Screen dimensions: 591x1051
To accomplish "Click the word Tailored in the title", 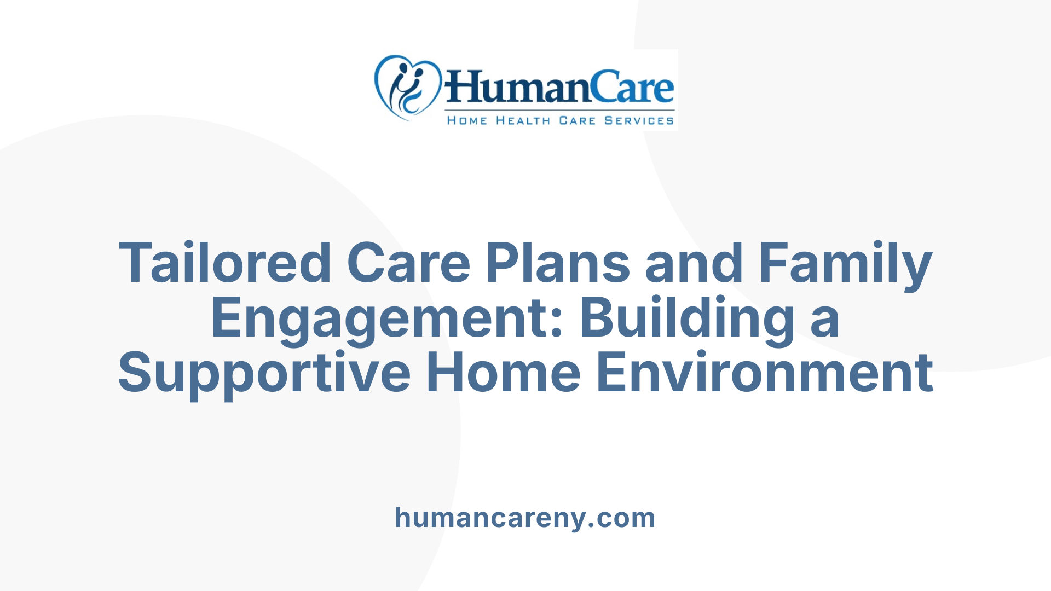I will [x=225, y=264].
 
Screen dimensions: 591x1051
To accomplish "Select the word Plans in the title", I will [x=558, y=264].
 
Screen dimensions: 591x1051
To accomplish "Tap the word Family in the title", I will [x=845, y=264].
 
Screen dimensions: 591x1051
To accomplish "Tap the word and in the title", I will [x=694, y=264].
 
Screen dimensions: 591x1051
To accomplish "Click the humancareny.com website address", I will [x=525, y=518].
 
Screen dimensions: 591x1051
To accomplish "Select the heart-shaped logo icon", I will [x=407, y=88].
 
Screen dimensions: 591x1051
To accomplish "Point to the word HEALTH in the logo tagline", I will [x=523, y=121].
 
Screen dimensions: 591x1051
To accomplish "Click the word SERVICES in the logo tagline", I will [x=639, y=121].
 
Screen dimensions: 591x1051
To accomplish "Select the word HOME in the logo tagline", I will [x=467, y=121].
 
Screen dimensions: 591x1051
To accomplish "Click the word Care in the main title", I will [x=408, y=264].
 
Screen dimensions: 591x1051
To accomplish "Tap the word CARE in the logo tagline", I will [x=577, y=121].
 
